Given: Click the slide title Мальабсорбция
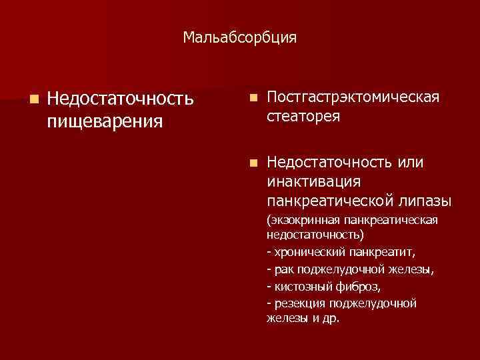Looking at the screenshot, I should point(240,38).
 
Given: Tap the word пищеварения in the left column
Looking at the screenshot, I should point(105,121).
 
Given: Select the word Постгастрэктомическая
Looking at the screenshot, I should point(353,98).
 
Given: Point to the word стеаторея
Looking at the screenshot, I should point(303,117).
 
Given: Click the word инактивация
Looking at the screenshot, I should point(313,182).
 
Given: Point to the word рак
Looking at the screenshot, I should point(281,269).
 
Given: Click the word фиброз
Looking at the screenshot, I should point(357,286).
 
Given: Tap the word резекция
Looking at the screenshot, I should point(298,303).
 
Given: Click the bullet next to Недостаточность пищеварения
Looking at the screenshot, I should point(33,99).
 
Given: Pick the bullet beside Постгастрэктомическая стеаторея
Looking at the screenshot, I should point(251,98).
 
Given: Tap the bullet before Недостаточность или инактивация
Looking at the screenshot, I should point(251,163).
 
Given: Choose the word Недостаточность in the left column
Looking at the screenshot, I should point(120,99).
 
